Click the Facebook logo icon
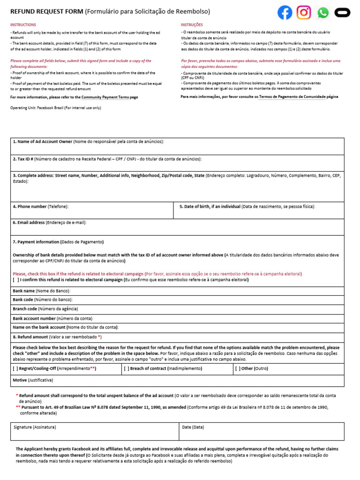(x=285, y=13)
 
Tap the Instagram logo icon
(x=304, y=13)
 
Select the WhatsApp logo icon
(x=323, y=13)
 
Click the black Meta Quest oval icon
(x=343, y=13)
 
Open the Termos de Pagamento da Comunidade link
(x=292, y=97)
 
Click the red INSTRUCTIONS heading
(x=23, y=24)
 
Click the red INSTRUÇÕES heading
(x=192, y=24)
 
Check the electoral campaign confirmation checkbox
(x=16, y=280)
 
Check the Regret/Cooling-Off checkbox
(x=16, y=369)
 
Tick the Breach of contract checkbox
(x=127, y=369)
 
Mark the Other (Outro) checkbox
(x=238, y=369)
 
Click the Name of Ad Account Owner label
(x=43, y=141)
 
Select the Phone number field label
(x=30, y=206)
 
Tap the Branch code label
(x=25, y=309)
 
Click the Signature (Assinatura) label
(x=35, y=427)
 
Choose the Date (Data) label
(x=193, y=427)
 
